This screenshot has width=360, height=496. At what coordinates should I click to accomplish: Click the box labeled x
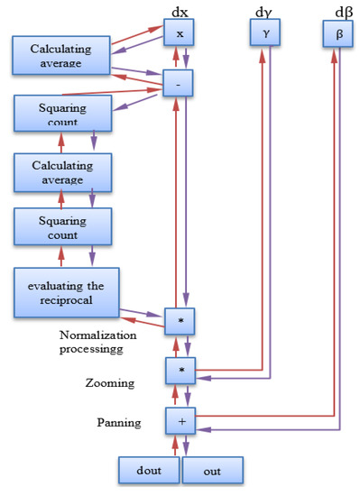(179, 33)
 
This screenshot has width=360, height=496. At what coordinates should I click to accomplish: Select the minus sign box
(179, 84)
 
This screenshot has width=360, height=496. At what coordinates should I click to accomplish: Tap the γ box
(265, 33)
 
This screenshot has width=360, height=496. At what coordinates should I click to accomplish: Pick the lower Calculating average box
(62, 172)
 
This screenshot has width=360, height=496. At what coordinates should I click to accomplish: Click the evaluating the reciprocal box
(62, 292)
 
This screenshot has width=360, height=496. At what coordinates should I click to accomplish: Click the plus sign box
(179, 419)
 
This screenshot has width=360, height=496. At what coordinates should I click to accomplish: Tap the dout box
(149, 471)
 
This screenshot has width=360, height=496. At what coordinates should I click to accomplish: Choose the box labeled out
(213, 471)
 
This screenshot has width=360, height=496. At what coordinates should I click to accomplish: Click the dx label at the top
(179, 11)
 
